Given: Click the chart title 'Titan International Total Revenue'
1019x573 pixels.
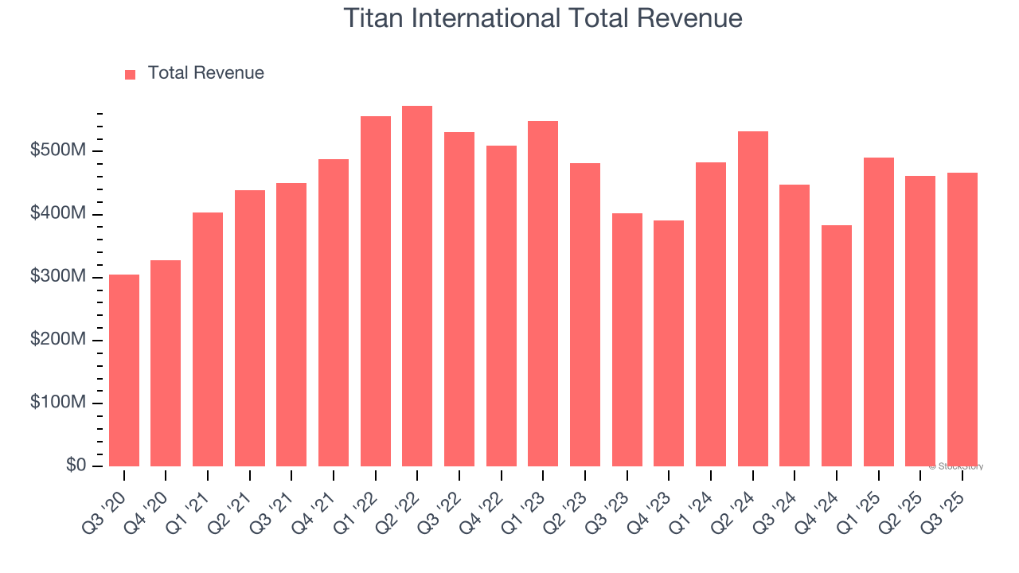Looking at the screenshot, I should [x=543, y=18].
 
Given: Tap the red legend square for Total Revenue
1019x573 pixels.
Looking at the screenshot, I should [x=131, y=74].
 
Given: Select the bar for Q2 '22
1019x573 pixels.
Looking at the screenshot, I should [x=417, y=286].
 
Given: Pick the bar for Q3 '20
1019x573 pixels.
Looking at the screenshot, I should [x=124, y=370].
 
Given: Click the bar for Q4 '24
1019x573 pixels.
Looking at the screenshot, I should [x=837, y=346].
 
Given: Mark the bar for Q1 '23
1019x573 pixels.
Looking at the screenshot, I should [x=543, y=294].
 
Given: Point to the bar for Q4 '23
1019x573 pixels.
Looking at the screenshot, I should [x=669, y=344].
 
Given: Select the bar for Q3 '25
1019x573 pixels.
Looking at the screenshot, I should [x=962, y=319].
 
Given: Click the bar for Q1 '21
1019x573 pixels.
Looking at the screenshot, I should [x=208, y=340].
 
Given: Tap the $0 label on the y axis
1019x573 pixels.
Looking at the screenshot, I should [x=76, y=466].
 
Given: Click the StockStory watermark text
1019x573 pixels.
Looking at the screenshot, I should [x=956, y=466].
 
